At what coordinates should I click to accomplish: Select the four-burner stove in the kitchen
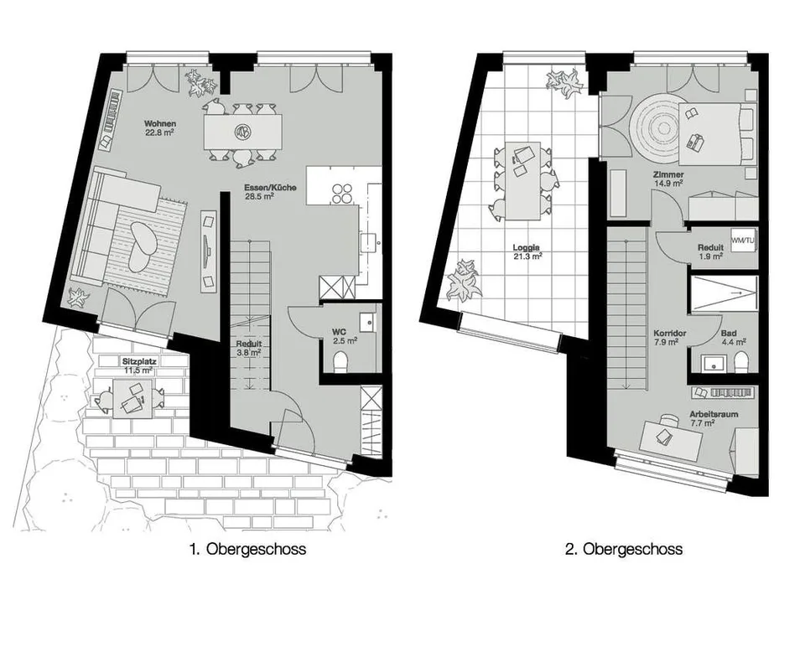point(342,194)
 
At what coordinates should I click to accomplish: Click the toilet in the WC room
point(340,361)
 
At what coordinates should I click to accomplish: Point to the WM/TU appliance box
point(744,240)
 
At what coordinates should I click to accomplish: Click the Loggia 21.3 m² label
point(527,251)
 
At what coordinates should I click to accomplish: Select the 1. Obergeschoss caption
point(247,549)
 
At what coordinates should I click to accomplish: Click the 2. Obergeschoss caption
point(624,549)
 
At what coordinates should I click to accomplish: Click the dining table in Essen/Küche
point(242,132)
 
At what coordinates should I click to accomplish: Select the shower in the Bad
point(724,293)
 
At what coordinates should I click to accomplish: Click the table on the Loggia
point(522,180)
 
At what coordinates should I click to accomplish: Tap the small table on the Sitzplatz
point(132,399)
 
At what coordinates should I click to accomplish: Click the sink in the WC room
point(369,323)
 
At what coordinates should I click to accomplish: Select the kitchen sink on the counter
point(369,242)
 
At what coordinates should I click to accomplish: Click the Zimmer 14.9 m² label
point(668,179)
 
